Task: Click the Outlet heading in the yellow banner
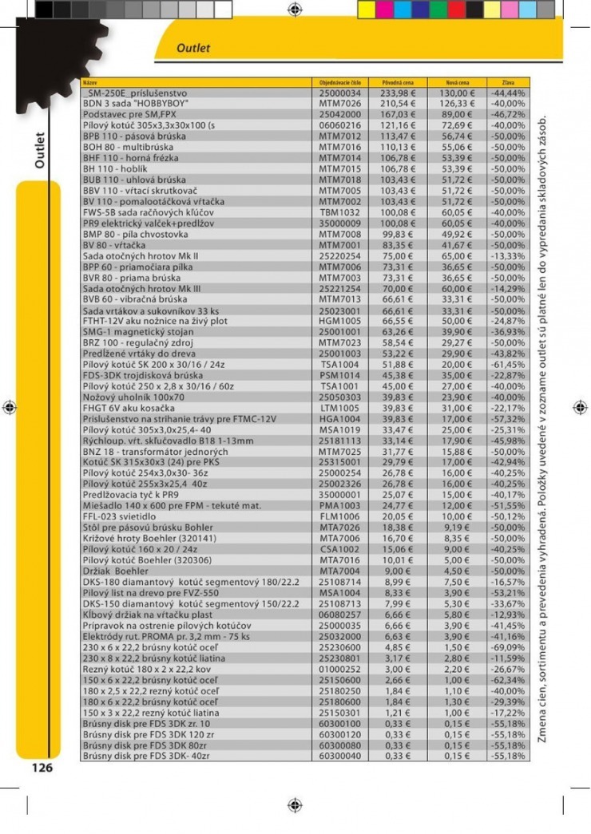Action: point(193,48)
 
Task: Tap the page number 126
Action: point(42,768)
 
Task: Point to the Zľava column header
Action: point(507,83)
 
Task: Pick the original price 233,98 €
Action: point(399,93)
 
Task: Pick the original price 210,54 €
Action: point(399,104)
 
